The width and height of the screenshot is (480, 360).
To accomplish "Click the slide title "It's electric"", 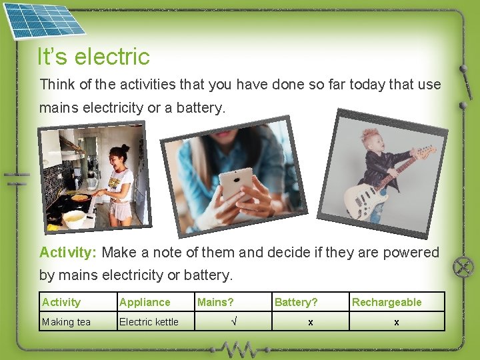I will pos(93,57).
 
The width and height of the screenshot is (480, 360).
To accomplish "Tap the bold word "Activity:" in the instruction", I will pos(68,253).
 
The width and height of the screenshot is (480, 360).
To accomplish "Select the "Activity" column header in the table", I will pos(61,302).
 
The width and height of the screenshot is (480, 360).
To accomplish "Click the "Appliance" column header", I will pos(145,302).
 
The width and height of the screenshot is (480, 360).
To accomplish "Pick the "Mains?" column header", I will pos(215,302).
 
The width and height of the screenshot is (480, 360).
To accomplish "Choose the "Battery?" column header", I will pos(296,302).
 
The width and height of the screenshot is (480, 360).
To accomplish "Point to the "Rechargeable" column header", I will pos(387,302).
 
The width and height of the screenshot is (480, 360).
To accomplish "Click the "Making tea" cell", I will pos(66,322).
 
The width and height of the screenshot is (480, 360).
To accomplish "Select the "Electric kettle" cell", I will pos(149,322).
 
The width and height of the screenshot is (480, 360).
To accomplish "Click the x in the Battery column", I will pos(310,322).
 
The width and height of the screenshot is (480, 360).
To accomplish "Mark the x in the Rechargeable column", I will pos(396,322).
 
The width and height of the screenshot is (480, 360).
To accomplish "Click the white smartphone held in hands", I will pos(237,184).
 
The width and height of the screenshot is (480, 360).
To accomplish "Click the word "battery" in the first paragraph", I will pos(201,107).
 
